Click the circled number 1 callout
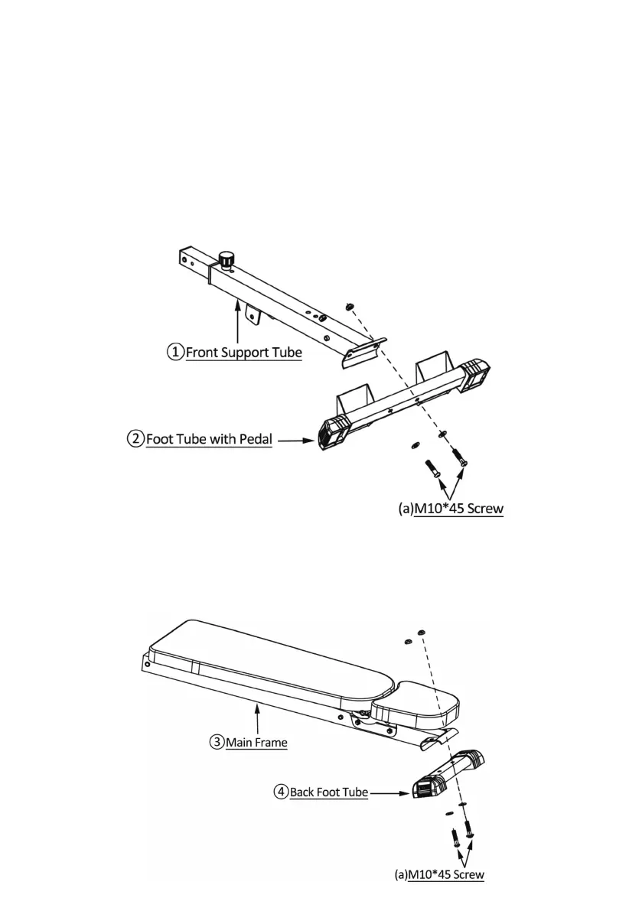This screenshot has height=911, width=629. (x=176, y=353)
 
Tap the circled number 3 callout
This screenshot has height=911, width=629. (x=217, y=741)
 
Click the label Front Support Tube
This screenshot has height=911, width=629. (x=243, y=353)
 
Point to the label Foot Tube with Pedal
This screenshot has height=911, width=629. (x=208, y=440)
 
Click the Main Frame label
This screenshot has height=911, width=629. (x=256, y=742)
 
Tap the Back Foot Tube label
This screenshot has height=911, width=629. (x=329, y=792)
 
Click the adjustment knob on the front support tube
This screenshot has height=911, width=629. (x=226, y=259)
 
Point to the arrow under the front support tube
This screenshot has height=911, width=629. (x=239, y=322)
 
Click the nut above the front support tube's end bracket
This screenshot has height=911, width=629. (x=348, y=306)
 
